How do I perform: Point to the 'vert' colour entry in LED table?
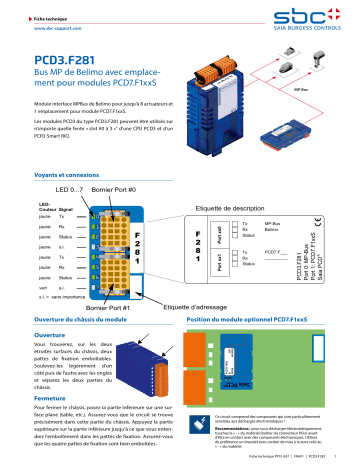[x=43, y=258]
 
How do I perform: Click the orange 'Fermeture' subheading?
[x=54, y=369]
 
